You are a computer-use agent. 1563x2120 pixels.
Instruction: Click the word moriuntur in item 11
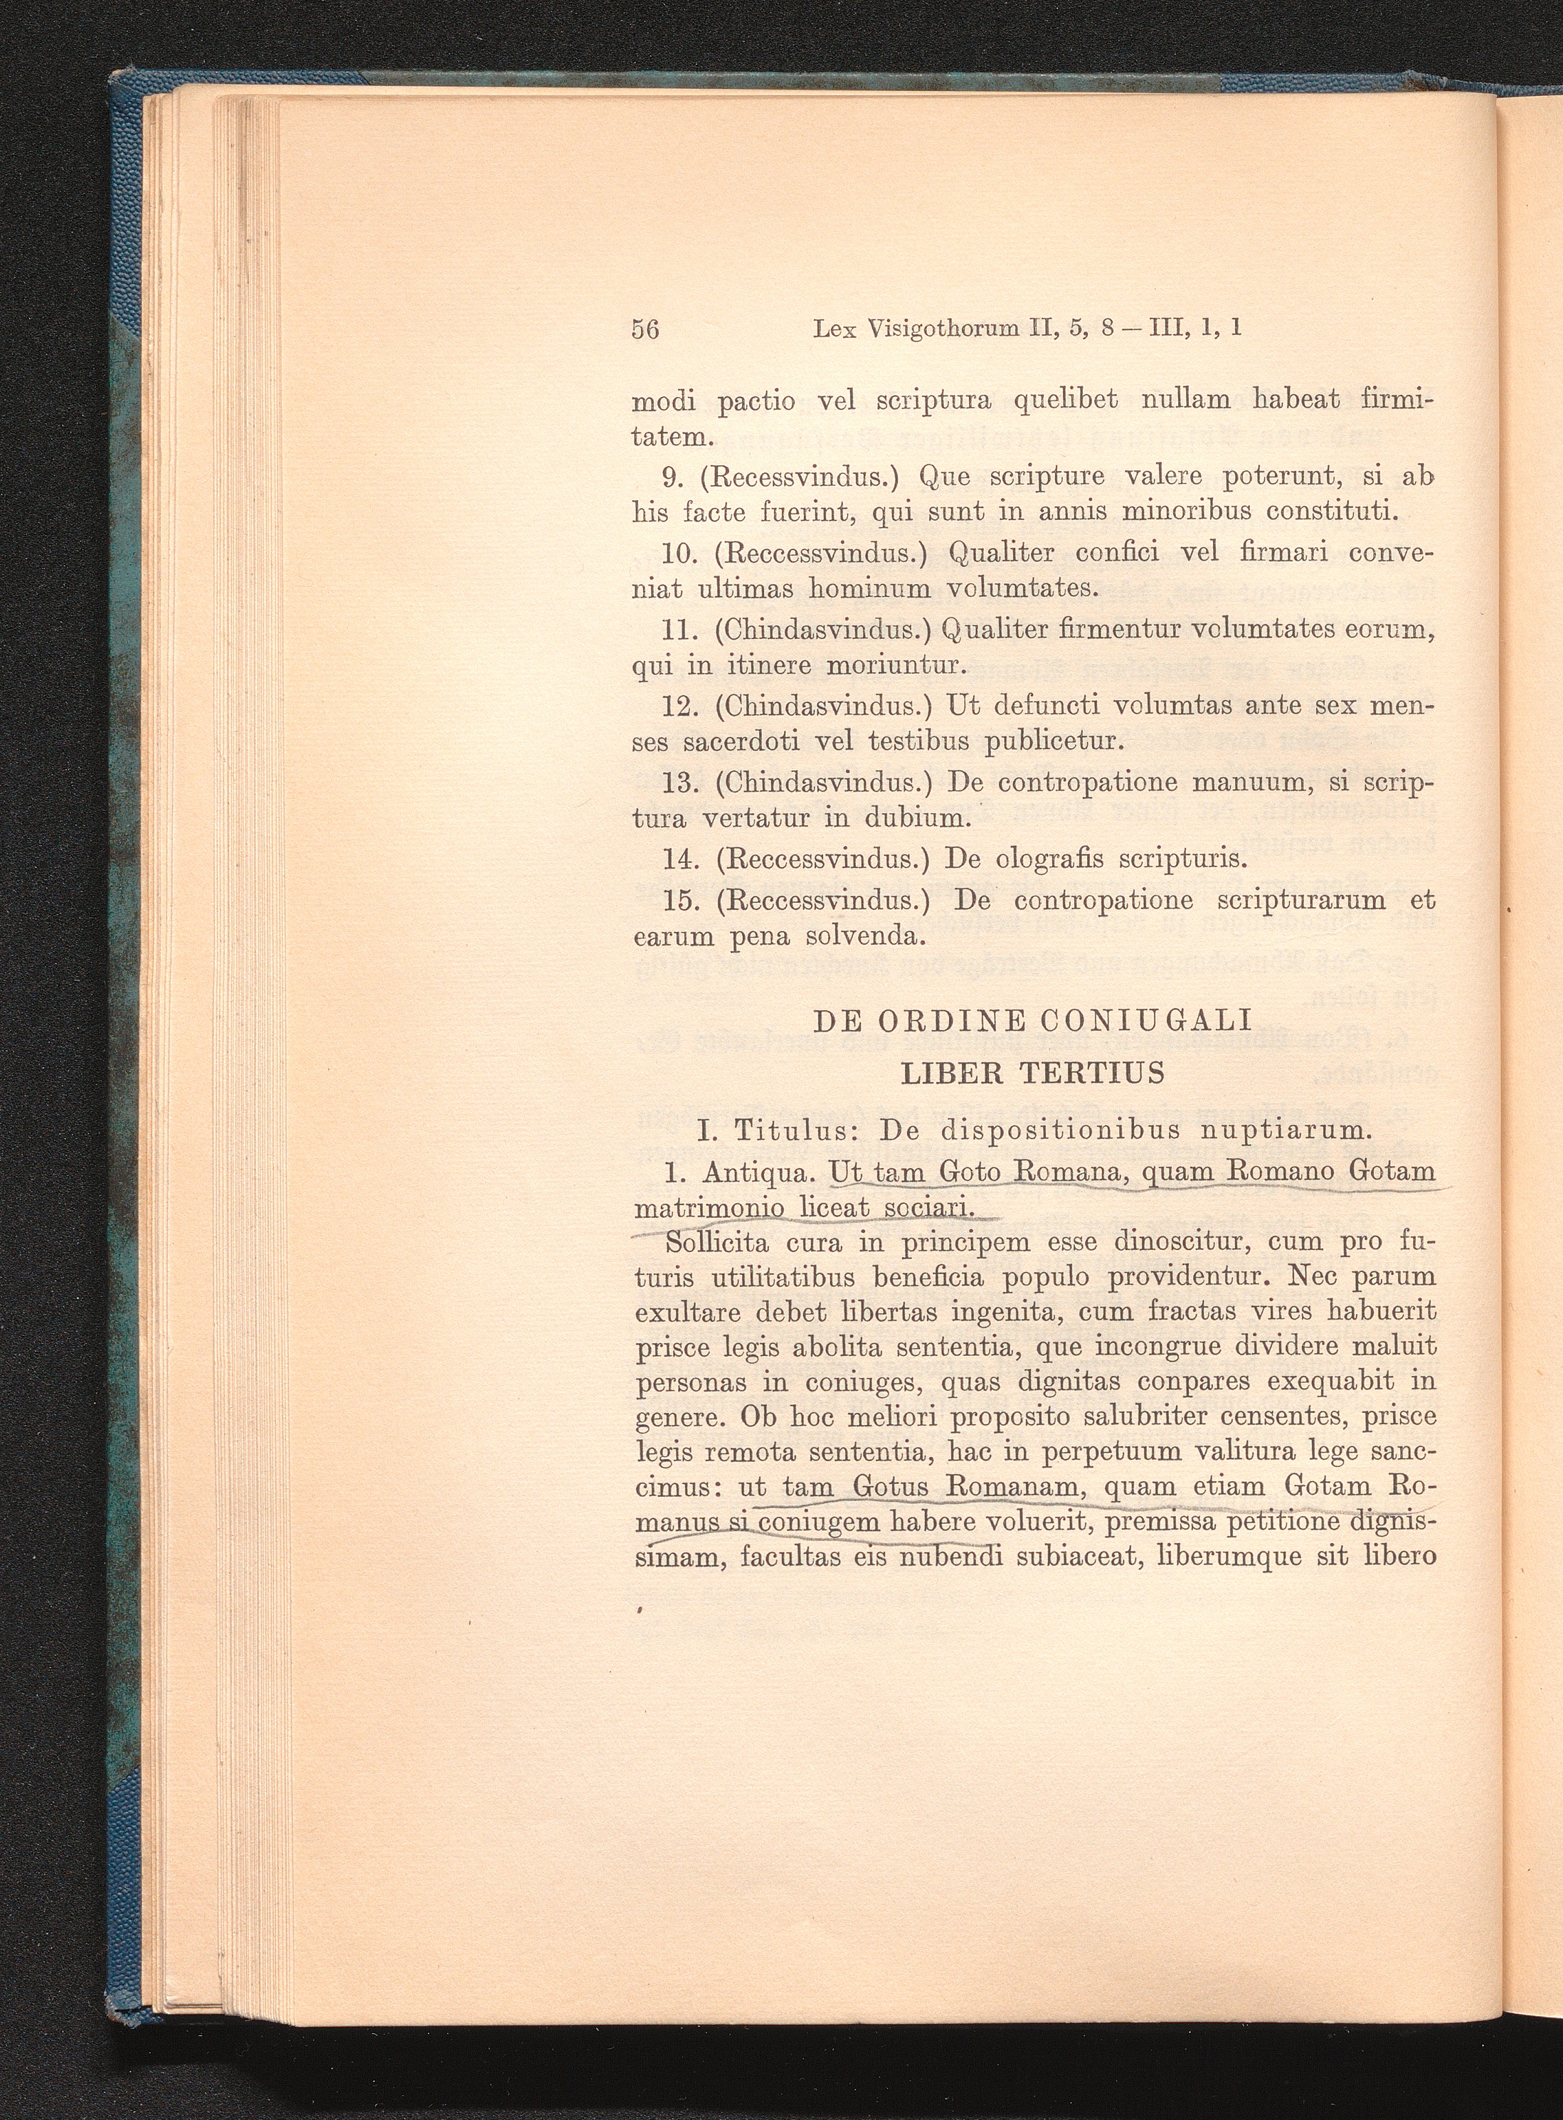click(x=895, y=666)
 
